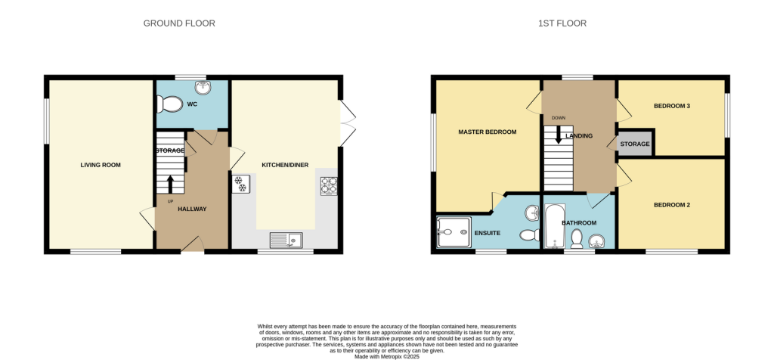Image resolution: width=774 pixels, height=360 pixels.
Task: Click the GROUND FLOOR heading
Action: (x=179, y=23)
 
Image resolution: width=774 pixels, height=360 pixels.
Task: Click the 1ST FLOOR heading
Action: (x=562, y=23)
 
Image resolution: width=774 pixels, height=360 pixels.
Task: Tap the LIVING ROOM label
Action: (x=101, y=165)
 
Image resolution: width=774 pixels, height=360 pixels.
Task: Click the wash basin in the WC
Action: (x=201, y=88)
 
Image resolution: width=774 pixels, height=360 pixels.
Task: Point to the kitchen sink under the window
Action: (x=286, y=240)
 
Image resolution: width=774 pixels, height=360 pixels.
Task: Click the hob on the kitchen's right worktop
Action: (x=329, y=186)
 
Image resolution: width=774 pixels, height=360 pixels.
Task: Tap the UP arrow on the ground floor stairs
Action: (x=170, y=185)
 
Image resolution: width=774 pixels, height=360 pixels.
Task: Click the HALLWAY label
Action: (x=192, y=209)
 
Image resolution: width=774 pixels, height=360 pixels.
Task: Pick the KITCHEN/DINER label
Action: (x=285, y=165)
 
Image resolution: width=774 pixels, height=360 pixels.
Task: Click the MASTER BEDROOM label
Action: (x=488, y=132)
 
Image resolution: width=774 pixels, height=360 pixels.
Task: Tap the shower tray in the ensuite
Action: (x=454, y=233)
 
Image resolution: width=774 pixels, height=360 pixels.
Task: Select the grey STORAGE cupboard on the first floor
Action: (x=635, y=143)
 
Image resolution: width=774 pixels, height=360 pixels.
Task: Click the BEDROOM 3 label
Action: (x=672, y=106)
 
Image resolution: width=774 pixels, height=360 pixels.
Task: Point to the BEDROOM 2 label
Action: (x=672, y=205)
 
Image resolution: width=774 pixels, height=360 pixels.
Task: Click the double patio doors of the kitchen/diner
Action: (x=347, y=123)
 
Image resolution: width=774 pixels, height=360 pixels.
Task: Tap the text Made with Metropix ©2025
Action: (x=387, y=355)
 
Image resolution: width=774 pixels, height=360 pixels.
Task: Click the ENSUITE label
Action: (x=488, y=233)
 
